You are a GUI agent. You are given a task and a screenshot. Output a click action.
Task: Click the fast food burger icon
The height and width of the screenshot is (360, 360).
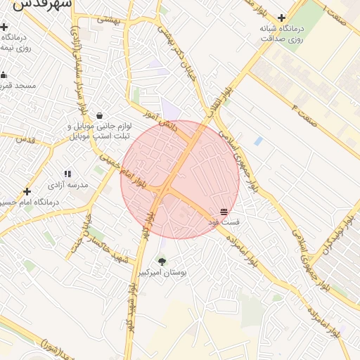pyautogui.click(x=224, y=211)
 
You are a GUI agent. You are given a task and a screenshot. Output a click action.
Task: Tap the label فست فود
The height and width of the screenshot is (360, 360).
pyautogui.click(x=224, y=221)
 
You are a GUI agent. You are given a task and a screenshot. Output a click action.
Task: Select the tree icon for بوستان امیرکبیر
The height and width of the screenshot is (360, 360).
pyautogui.click(x=163, y=262)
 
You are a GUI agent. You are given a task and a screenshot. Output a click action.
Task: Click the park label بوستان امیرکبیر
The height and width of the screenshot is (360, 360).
pyautogui.click(x=164, y=272)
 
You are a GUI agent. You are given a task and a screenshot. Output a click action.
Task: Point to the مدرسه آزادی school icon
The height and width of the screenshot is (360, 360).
pyautogui.click(x=67, y=174)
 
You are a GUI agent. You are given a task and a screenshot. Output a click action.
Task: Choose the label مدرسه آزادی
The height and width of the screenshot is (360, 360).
pyautogui.click(x=67, y=184)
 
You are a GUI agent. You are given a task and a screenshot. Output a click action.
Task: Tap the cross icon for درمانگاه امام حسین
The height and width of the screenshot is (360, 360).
pyautogui.click(x=27, y=191)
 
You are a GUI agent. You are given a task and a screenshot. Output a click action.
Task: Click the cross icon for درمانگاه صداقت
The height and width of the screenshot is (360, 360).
pyautogui.click(x=282, y=18)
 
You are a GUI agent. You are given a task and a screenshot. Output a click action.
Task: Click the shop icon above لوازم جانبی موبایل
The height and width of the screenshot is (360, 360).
pyautogui.click(x=99, y=115)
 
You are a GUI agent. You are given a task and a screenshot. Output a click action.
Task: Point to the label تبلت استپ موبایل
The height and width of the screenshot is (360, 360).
pyautogui.click(x=99, y=134)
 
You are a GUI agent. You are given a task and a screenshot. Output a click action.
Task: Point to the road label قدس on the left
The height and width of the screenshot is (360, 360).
pyautogui.click(x=25, y=139)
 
